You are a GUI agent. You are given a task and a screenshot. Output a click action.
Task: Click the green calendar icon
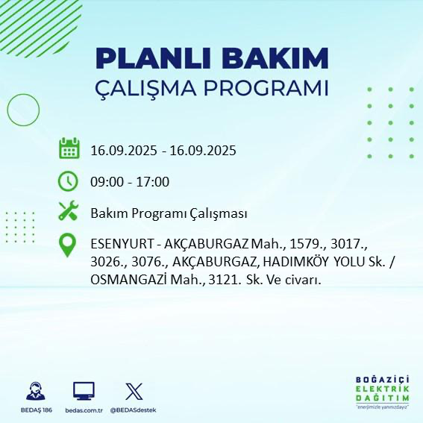coord(69,148)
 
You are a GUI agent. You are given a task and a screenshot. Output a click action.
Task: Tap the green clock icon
coord(69,181)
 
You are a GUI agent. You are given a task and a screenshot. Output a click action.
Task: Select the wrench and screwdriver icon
coord(69,213)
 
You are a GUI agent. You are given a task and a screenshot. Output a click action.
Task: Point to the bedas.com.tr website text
coord(84,410)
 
